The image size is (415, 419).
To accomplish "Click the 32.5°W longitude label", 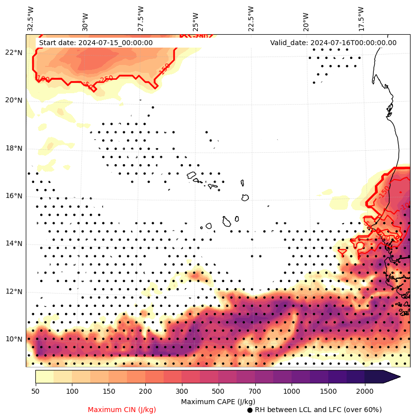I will [x=30, y=19].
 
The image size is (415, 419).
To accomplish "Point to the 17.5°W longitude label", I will [x=361, y=19].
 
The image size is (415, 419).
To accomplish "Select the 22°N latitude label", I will [x=13, y=53].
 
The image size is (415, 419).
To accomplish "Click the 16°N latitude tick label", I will [x=13, y=196].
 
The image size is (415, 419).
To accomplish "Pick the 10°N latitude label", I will [x=13, y=339].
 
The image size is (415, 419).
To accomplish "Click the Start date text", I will [x=96, y=43].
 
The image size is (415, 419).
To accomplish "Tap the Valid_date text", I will [x=333, y=43].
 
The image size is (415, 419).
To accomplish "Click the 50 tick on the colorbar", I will [x=35, y=392].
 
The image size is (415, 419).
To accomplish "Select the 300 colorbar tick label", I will [x=182, y=392].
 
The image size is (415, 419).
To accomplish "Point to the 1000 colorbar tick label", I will [x=292, y=392].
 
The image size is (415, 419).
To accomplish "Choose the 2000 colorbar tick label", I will [x=365, y=392].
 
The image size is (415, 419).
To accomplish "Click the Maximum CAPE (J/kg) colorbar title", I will [x=218, y=401].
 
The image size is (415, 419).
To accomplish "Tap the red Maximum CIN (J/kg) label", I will [x=122, y=410].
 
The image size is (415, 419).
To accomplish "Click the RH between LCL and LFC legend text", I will [x=318, y=410].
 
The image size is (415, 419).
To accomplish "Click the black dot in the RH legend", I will [x=250, y=410].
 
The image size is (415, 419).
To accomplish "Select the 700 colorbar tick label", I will [x=255, y=392].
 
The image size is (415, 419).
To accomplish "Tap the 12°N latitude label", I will [x=13, y=292].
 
